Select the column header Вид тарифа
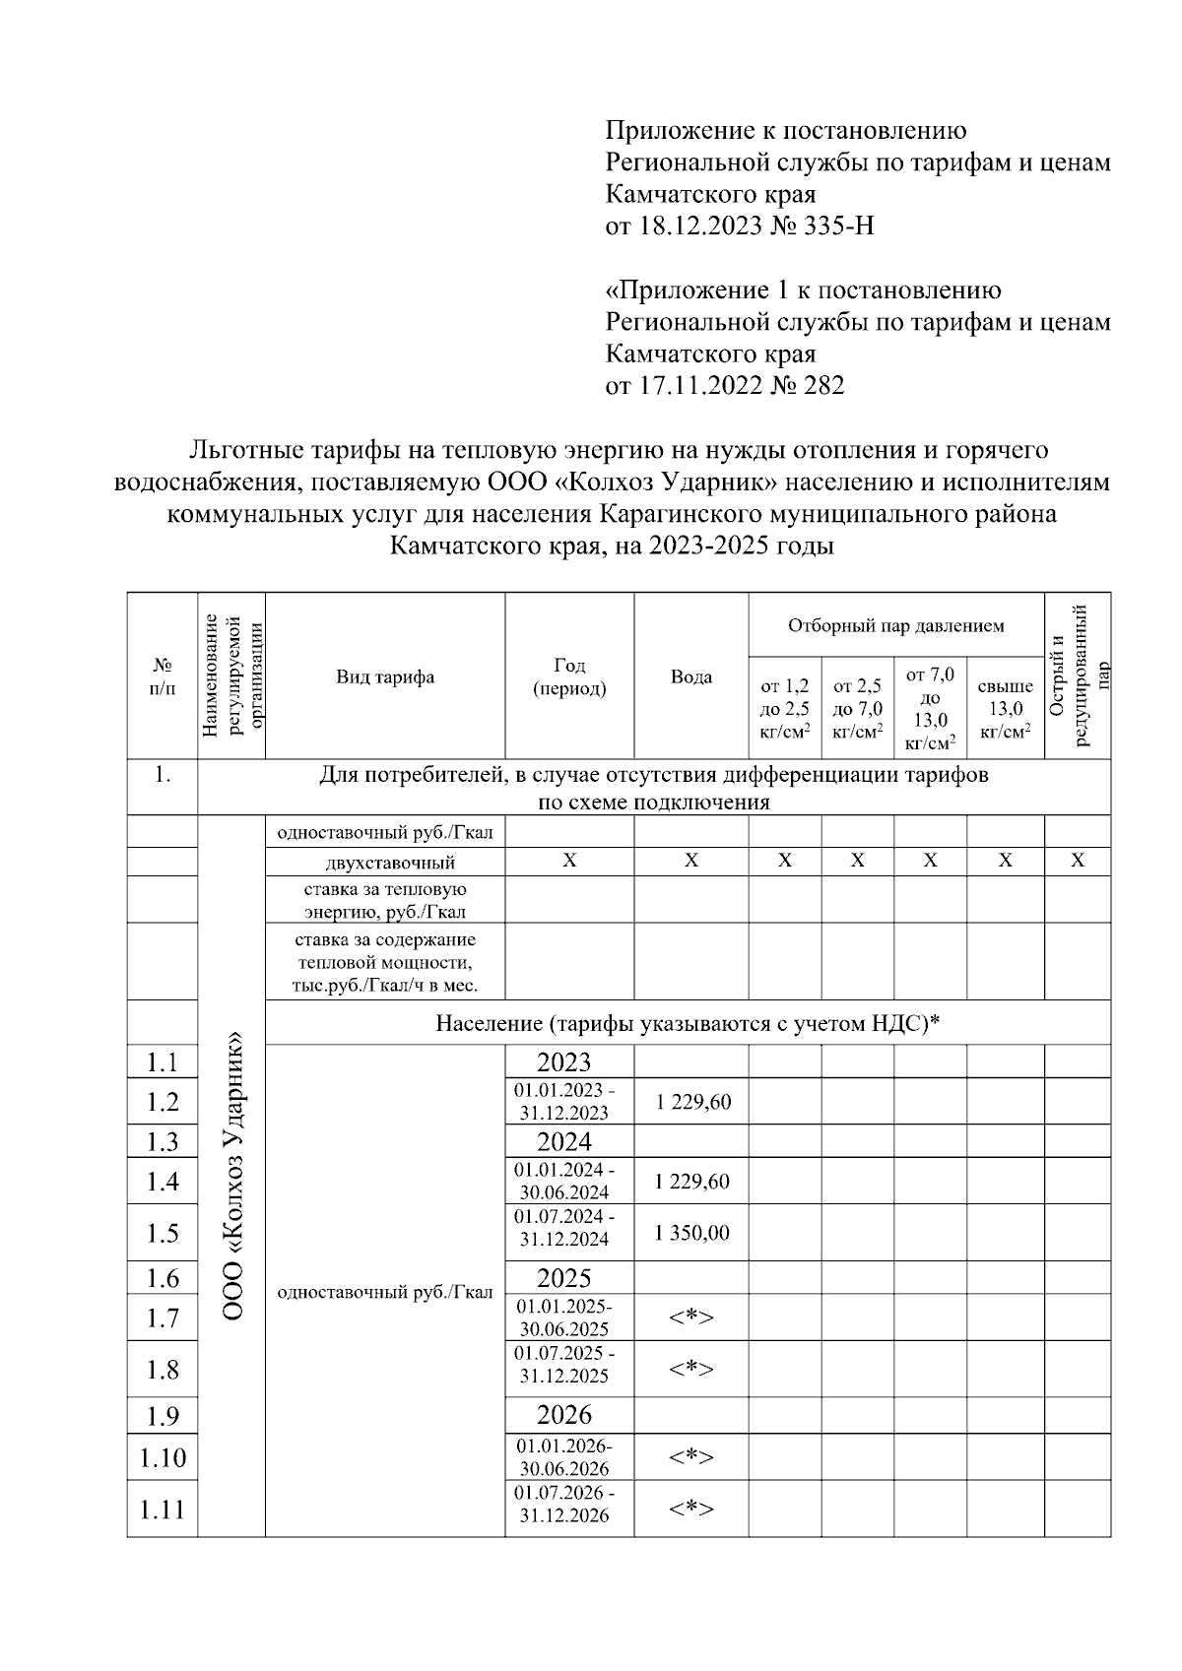click(385, 676)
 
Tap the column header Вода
click(691, 676)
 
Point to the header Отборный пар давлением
click(895, 625)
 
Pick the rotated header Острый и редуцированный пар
click(1078, 675)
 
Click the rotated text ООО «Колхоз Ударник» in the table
click(232, 1176)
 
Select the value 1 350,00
click(692, 1233)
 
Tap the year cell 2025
click(563, 1278)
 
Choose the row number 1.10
click(163, 1457)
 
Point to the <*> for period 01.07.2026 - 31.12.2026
click(691, 1508)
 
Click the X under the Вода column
click(691, 861)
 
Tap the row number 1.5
click(163, 1233)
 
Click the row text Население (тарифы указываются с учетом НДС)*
click(688, 1024)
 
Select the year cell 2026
click(563, 1415)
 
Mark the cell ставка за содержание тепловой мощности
click(385, 962)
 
